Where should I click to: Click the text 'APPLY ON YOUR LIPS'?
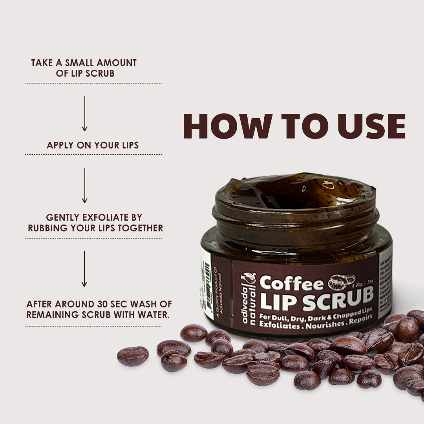coord(93,145)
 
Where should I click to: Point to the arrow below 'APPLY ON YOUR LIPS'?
coord(84,185)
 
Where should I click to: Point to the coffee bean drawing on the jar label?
coord(341,280)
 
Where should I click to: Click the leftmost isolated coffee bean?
coord(133,356)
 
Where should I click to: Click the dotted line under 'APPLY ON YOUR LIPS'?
coord(93,155)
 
